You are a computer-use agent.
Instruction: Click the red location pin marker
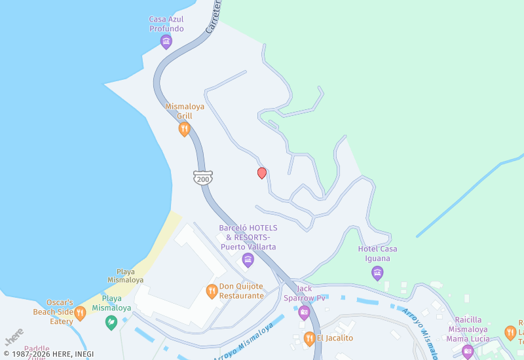pyautogui.click(x=262, y=173)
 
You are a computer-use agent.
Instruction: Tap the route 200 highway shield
pyautogui.click(x=202, y=177)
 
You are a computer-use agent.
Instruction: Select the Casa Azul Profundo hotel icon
pyautogui.click(x=166, y=43)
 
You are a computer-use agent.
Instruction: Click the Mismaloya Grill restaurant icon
pyautogui.click(x=185, y=129)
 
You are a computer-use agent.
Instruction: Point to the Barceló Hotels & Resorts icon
pyautogui.click(x=248, y=261)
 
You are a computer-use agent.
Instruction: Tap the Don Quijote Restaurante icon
pyautogui.click(x=212, y=291)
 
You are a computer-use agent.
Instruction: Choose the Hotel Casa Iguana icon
pyautogui.click(x=377, y=273)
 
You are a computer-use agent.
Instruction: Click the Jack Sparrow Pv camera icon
pyautogui.click(x=304, y=312)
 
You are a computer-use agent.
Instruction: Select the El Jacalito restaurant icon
pyautogui.click(x=309, y=338)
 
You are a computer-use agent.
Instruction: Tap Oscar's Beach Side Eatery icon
pyautogui.click(x=80, y=313)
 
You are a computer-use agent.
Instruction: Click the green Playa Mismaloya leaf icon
pyautogui.click(x=111, y=321)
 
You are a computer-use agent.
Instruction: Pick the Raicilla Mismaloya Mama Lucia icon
pyautogui.click(x=468, y=351)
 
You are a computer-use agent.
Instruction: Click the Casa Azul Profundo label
pyautogui.click(x=166, y=24)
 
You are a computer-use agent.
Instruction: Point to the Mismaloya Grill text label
pyautogui.click(x=185, y=111)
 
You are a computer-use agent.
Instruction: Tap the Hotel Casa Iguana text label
pyautogui.click(x=377, y=253)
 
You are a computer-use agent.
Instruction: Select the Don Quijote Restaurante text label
pyautogui.click(x=241, y=291)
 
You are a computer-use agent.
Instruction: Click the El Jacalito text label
pyautogui.click(x=335, y=338)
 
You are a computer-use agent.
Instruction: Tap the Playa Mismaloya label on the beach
pyautogui.click(x=125, y=276)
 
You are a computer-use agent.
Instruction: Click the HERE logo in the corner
pyautogui.click(x=14, y=336)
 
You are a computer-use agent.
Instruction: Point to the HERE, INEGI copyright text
pyautogui.click(x=48, y=354)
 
